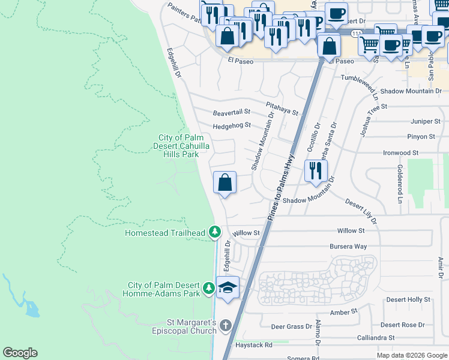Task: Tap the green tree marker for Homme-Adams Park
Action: [208, 289]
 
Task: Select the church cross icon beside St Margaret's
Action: [225, 326]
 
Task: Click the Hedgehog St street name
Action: [231, 125]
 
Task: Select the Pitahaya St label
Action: [282, 104]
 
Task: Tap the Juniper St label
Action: [424, 121]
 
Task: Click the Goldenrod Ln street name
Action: [398, 179]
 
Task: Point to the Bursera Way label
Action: [348, 247]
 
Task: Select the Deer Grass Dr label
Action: [291, 327]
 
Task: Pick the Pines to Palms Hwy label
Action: [280, 187]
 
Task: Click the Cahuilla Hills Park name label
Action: [178, 146]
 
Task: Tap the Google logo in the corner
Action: [20, 353]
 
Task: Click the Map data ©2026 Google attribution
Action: [411, 355]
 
